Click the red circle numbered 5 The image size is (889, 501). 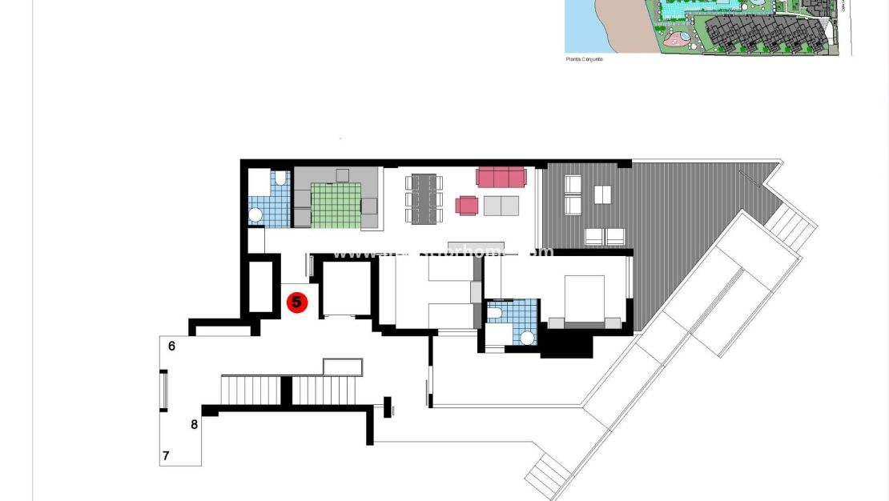pos(297,303)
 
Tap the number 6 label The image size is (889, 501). pos(171,346)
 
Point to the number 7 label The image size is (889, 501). pos(166,456)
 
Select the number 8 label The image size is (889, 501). pos(194,425)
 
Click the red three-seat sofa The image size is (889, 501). pos(501,176)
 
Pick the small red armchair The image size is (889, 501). pos(467,206)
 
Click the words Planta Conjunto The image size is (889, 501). pos(583,58)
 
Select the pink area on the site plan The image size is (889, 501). pos(677,37)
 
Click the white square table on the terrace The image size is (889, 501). pos(602,194)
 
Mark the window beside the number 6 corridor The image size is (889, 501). pos(164,390)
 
